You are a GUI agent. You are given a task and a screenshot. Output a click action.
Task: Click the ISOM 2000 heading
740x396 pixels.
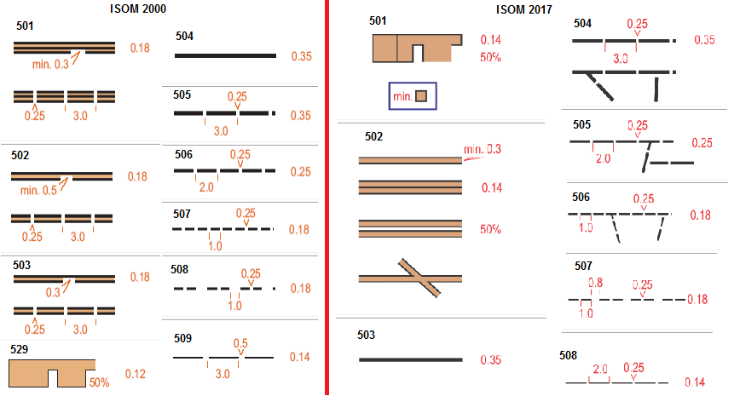(138, 9)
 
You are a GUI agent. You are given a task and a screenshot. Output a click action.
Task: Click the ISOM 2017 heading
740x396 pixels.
(523, 9)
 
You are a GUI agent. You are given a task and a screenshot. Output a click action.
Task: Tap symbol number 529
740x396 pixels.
(20, 349)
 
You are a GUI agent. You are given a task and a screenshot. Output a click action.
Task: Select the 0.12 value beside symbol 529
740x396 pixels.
(135, 374)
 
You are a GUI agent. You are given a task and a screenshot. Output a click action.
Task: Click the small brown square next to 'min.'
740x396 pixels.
(421, 96)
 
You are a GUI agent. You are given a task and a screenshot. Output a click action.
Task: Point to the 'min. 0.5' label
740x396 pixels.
(38, 191)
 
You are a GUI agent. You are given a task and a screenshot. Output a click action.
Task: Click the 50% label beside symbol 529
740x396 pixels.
(99, 382)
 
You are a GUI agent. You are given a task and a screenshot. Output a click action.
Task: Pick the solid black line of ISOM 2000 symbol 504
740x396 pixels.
(226, 55)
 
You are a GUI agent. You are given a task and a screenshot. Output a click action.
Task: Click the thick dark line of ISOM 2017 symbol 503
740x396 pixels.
(411, 359)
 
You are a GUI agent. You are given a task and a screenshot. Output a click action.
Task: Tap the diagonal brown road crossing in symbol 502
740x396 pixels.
(419, 278)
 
